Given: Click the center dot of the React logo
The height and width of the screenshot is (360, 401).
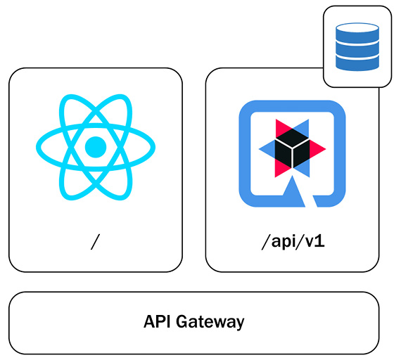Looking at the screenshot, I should [x=95, y=147].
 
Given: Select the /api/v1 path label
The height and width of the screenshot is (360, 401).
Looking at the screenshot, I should [x=292, y=243].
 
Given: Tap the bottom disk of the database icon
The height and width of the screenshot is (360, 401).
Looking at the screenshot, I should [x=357, y=62].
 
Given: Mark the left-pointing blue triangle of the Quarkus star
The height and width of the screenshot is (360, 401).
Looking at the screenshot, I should [x=268, y=148].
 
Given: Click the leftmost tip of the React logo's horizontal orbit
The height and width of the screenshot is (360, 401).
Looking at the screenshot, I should [x=38, y=147].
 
